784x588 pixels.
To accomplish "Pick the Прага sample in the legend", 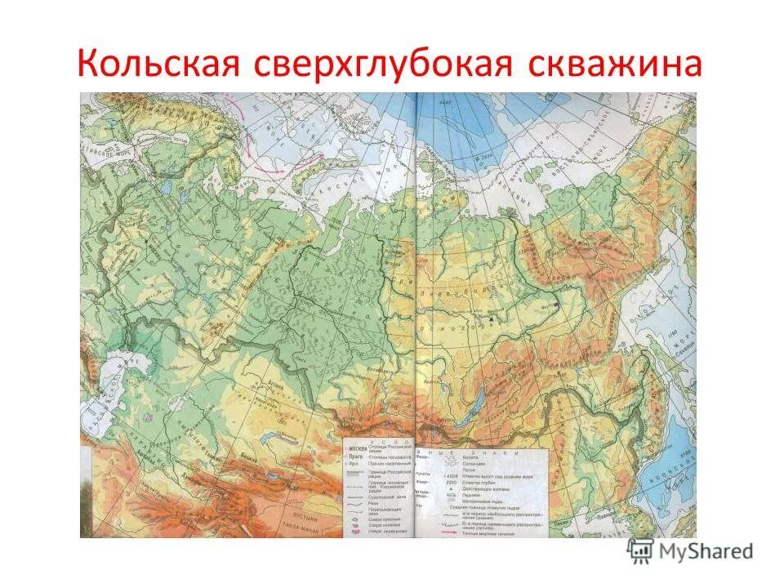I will pos(354,457).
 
